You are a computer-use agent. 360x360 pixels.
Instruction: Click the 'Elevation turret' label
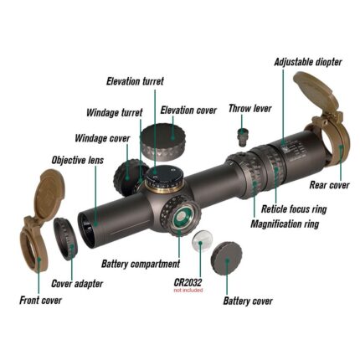click(x=134, y=81)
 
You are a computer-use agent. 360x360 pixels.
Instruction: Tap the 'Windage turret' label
click(x=114, y=112)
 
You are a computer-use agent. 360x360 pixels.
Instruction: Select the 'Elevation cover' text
click(x=188, y=110)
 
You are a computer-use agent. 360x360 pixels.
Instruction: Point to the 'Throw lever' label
click(x=249, y=108)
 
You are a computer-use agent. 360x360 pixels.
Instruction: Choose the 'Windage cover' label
click(x=102, y=138)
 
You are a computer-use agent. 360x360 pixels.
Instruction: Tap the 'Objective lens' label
click(x=77, y=159)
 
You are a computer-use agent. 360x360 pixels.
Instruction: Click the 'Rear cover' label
click(x=329, y=185)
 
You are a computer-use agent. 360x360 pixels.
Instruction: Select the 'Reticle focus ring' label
click(x=294, y=209)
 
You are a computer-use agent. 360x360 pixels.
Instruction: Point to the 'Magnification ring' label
click(x=285, y=224)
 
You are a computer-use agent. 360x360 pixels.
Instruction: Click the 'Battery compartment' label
click(x=140, y=264)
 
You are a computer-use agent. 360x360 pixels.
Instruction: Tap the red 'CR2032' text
click(x=188, y=282)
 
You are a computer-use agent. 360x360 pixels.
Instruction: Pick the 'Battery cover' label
click(x=247, y=301)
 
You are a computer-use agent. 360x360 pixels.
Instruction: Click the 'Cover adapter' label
click(x=77, y=283)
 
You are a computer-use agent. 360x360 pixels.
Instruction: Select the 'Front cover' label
click(x=40, y=300)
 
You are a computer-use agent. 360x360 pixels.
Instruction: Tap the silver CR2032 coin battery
click(x=202, y=243)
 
